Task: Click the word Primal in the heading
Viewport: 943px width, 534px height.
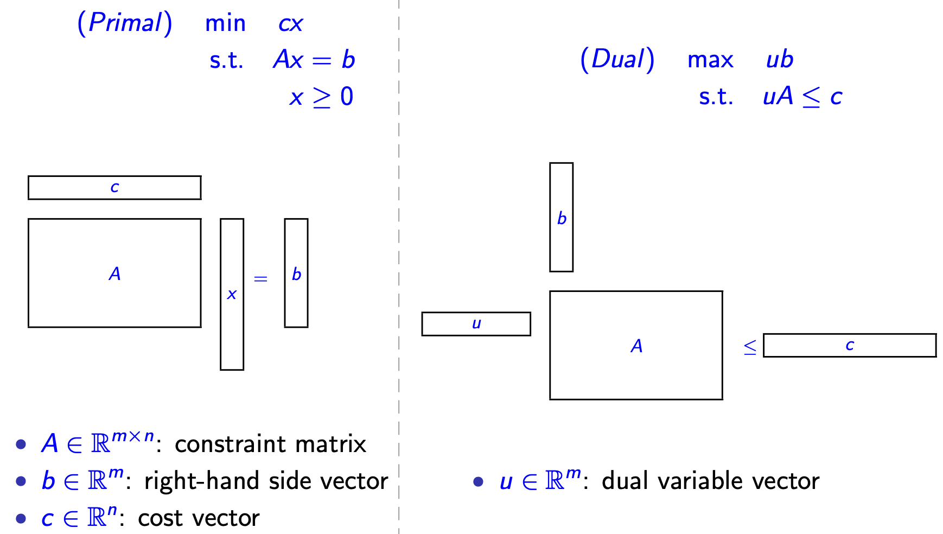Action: [125, 23]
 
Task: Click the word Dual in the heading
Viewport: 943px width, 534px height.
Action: [617, 59]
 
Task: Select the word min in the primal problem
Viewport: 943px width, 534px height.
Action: [225, 24]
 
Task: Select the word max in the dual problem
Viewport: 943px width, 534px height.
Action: [710, 60]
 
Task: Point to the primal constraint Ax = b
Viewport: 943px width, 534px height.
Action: [314, 60]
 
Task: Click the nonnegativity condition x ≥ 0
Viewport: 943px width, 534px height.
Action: [321, 97]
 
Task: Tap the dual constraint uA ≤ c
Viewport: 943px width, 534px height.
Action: [802, 97]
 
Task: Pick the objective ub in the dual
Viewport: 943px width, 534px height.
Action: [780, 60]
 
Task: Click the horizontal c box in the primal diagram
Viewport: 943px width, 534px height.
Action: [114, 188]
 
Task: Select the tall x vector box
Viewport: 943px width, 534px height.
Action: [232, 294]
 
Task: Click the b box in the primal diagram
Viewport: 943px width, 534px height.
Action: [296, 273]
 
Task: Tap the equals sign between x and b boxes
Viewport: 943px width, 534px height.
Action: [261, 279]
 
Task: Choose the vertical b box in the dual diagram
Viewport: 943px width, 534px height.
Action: [562, 217]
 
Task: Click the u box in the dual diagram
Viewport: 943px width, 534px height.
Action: [476, 324]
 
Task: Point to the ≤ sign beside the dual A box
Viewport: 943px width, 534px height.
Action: [750, 347]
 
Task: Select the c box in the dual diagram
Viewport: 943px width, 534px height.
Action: [850, 345]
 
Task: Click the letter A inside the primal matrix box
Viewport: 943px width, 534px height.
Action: [114, 274]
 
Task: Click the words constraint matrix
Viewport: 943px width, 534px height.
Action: [270, 444]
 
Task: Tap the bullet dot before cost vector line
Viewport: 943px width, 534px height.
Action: [21, 519]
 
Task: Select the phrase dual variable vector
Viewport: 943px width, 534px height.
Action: [710, 481]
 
